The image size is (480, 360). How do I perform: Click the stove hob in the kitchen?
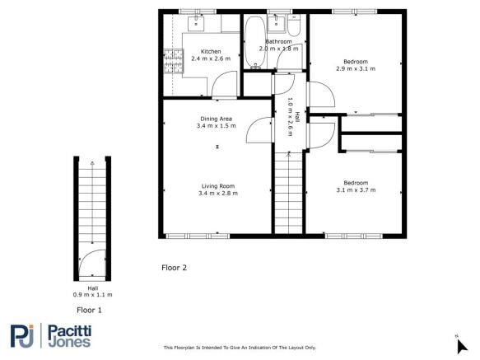coord(173,63)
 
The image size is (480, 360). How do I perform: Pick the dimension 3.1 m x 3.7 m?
coord(356,189)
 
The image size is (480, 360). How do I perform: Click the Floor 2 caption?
coord(175,268)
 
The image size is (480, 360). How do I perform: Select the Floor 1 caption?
coord(90,311)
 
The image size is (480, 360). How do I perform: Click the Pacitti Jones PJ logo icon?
coord(24,336)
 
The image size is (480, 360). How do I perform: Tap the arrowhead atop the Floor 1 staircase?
coord(92,164)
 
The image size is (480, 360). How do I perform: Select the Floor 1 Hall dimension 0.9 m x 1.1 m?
coord(92,294)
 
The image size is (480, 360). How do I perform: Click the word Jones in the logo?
coord(75,343)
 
